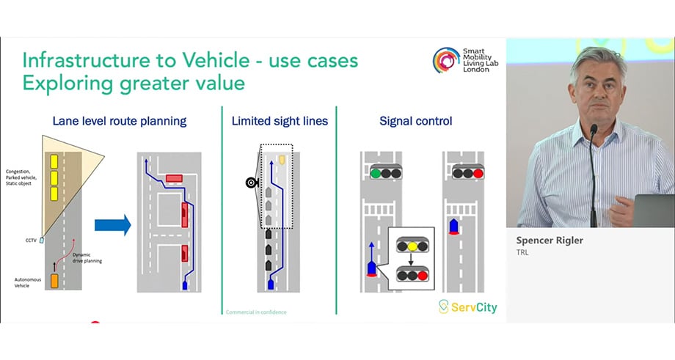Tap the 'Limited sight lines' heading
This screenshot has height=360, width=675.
click(x=279, y=122)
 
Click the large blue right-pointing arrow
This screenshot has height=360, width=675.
click(x=113, y=224)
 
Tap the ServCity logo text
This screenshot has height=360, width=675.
click(x=474, y=306)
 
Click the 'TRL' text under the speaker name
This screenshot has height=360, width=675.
click(x=522, y=253)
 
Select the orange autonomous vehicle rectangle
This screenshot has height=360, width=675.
click(x=54, y=280)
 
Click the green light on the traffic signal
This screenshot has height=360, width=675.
click(x=375, y=174)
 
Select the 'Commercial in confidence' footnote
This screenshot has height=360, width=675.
click(x=256, y=312)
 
